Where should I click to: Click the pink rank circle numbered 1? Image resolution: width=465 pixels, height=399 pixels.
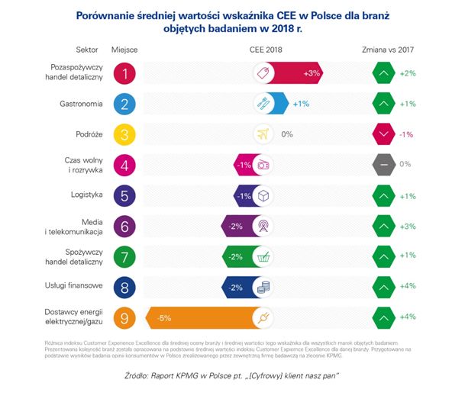[124, 73]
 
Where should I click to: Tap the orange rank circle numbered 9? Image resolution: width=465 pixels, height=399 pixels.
[124, 317]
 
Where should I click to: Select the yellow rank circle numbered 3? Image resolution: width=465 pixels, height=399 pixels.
[124, 134]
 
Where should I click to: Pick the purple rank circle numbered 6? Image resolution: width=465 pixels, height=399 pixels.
[124, 226]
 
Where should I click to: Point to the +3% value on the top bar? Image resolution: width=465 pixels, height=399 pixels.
[311, 73]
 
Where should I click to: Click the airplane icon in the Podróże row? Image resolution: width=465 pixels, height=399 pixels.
[264, 134]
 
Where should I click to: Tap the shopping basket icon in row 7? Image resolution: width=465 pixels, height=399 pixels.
[264, 256]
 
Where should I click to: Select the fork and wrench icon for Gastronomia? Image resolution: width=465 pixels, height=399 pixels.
[264, 104]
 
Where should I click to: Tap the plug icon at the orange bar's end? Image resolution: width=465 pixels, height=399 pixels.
[264, 317]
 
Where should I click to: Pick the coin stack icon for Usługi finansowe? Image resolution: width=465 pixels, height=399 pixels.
[264, 287]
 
